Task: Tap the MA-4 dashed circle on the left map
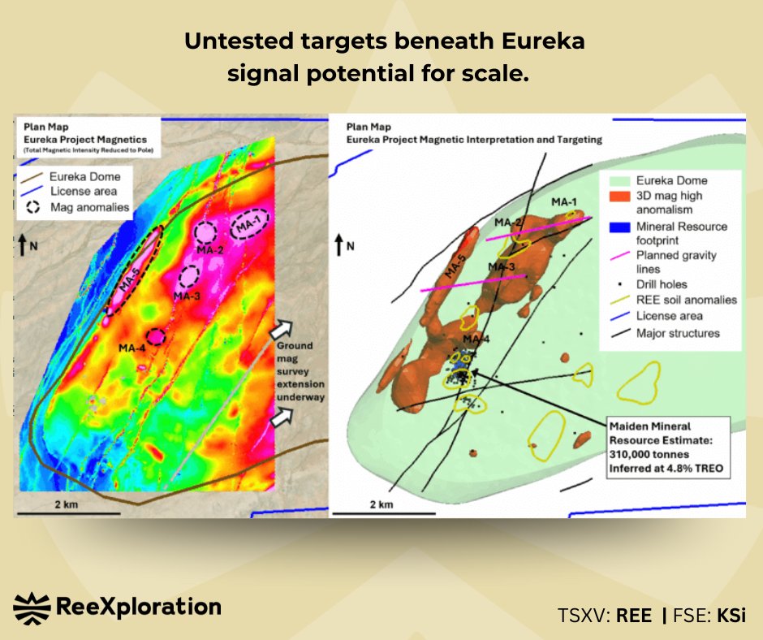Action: pos(155,335)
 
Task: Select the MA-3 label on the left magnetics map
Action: pos(188,296)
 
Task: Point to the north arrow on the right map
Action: pos(339,246)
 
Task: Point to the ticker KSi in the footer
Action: pos(731,615)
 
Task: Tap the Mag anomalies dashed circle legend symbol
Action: pos(33,206)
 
